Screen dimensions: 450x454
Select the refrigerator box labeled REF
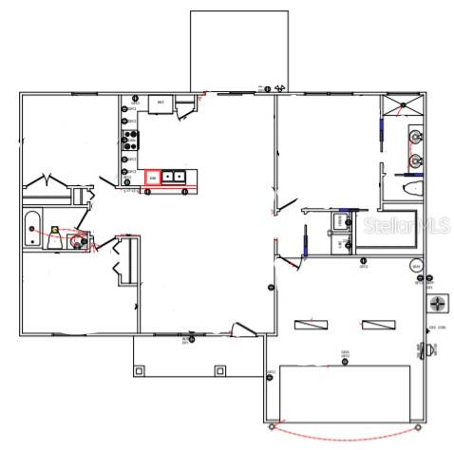pyautogui.click(x=160, y=103)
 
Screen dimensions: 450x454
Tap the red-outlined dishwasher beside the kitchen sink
pyautogui.click(x=151, y=177)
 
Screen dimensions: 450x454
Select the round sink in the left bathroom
pyautogui.click(x=75, y=241)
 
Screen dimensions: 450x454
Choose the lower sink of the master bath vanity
pyautogui.click(x=416, y=160)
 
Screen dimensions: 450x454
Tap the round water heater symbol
pyautogui.click(x=416, y=266)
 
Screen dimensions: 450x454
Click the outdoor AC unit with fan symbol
pyautogui.click(x=438, y=305)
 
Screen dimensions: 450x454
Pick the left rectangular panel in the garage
pyautogui.click(x=309, y=325)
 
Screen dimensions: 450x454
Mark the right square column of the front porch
pyautogui.click(x=219, y=369)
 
